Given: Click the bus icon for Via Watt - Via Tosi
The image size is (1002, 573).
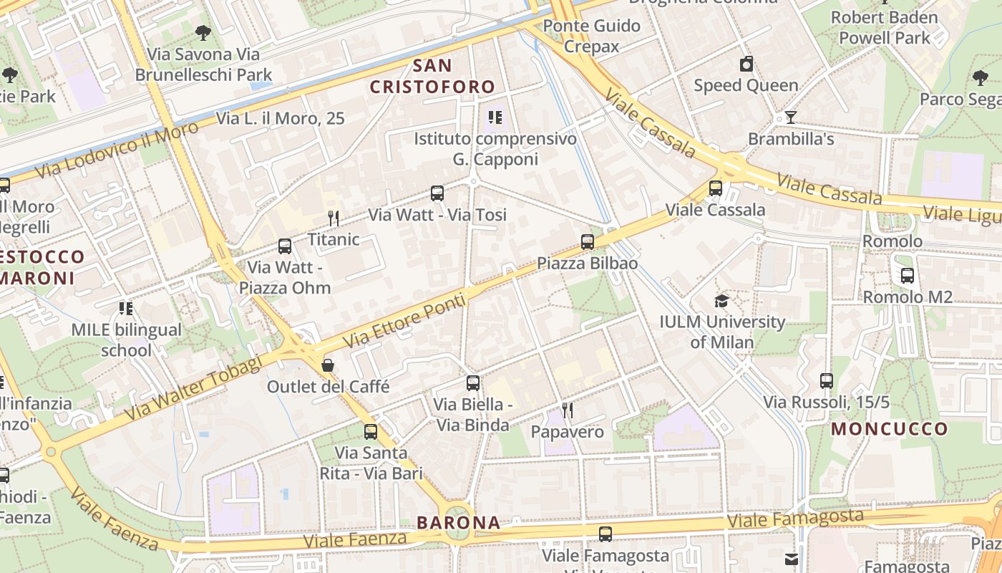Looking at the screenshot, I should [x=437, y=193].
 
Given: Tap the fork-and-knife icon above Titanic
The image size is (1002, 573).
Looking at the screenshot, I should [x=333, y=218].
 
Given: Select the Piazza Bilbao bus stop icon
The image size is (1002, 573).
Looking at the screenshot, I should [x=588, y=242].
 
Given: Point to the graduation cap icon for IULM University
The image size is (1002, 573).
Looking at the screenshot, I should [x=721, y=301].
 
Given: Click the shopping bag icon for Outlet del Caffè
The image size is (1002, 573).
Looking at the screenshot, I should [x=328, y=365].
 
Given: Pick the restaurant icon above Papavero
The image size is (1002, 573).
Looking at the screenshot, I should [x=568, y=410].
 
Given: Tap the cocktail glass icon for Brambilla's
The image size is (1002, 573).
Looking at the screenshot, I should [x=791, y=117].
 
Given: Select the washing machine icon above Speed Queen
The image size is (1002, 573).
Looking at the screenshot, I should [x=746, y=64].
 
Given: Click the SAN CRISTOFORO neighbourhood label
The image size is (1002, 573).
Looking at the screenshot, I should [x=432, y=76].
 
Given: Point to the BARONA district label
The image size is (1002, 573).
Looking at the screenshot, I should [x=459, y=523].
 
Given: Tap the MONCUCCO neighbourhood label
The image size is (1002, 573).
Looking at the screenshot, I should [x=890, y=429].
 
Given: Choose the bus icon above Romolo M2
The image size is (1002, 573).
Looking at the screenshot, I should [x=908, y=275].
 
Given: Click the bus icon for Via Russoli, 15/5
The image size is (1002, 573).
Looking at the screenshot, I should [x=827, y=381].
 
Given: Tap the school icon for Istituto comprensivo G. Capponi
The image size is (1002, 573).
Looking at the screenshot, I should [x=495, y=117].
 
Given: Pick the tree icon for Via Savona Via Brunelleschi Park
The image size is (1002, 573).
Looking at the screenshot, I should [x=203, y=32].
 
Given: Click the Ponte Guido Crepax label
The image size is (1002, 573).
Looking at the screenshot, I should [x=591, y=36].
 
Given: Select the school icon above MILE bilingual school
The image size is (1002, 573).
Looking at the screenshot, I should [x=126, y=309].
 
